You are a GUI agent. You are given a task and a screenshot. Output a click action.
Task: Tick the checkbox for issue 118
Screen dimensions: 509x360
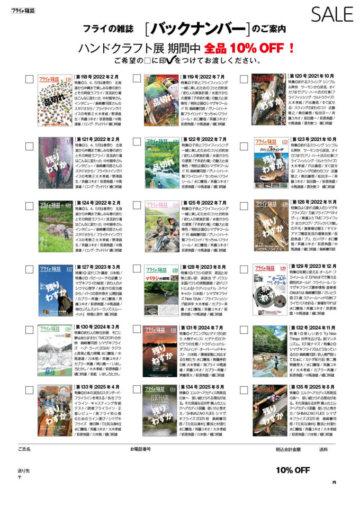point(29,78)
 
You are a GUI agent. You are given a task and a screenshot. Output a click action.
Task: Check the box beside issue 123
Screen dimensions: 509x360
point(244,141)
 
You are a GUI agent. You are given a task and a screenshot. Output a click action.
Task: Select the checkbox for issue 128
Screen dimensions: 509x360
point(137,267)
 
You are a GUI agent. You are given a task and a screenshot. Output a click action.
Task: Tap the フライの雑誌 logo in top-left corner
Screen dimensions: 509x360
point(23,9)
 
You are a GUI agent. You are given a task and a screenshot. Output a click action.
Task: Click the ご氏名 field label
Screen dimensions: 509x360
point(24,449)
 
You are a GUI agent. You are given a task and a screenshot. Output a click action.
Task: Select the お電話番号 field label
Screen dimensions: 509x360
point(140,449)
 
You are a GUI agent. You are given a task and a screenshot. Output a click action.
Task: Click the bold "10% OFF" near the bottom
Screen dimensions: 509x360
point(293,470)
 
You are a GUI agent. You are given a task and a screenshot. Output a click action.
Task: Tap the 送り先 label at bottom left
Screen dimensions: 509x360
point(23,470)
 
